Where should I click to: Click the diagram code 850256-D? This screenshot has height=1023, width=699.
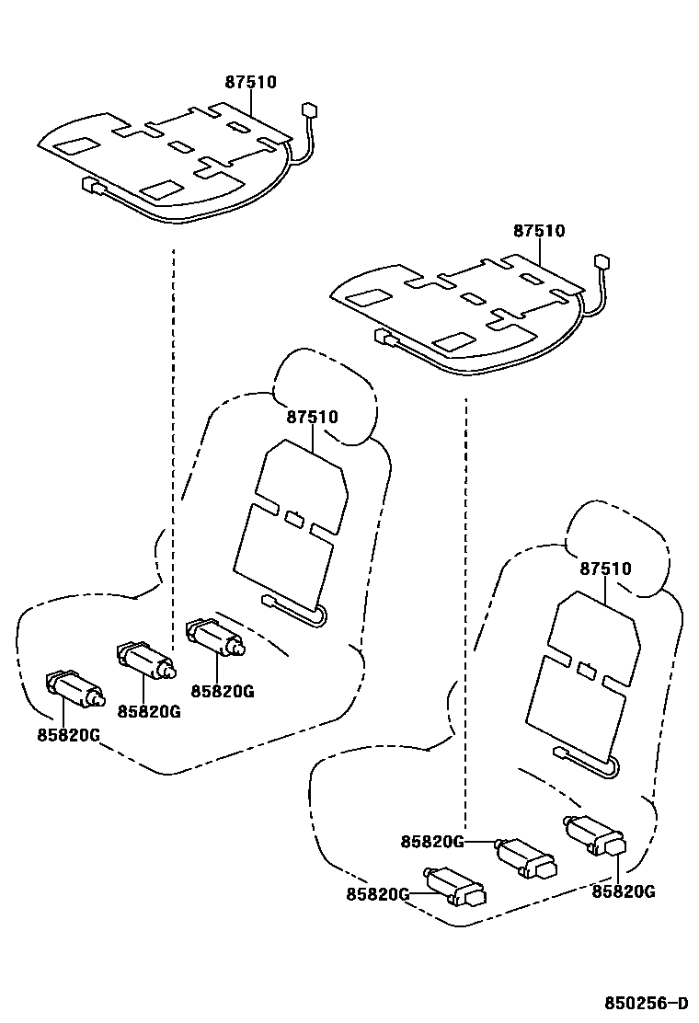tap(646, 1002)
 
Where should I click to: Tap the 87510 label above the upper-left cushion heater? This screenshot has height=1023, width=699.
tap(250, 82)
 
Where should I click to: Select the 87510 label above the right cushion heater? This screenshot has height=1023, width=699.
tap(539, 231)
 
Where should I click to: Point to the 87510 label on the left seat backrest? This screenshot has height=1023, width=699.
tap(312, 417)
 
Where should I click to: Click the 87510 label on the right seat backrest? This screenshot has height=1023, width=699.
tap(605, 569)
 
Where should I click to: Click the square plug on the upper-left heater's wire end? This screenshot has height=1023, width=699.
tap(310, 110)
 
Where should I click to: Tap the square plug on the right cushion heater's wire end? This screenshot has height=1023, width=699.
tap(602, 260)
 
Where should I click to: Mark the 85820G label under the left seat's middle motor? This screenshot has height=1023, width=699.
tap(148, 711)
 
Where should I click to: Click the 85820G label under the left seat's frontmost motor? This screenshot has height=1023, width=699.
tap(68, 734)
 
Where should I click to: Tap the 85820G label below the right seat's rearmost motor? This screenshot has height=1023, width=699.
tap(623, 891)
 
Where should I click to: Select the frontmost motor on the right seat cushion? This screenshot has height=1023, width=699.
tap(454, 886)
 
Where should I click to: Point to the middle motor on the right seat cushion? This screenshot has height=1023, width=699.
tap(526, 856)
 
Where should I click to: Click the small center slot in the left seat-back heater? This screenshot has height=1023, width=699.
tap(295, 518)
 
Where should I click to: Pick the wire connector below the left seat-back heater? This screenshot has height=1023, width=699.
tap(269, 601)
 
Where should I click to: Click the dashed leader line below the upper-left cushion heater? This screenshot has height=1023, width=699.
tap(173, 414)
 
